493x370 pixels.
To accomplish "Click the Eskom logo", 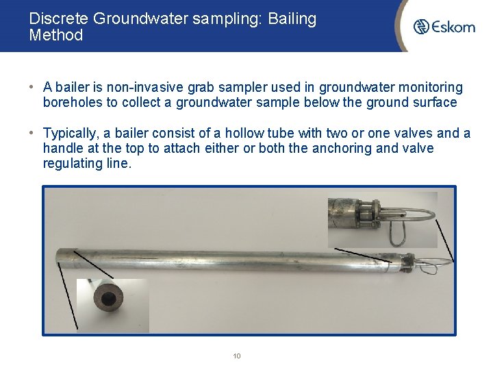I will [444, 27].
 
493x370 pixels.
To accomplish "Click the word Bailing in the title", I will [292, 19].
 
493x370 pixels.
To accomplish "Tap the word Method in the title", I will [55, 36].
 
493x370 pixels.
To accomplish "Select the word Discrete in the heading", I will [59, 19].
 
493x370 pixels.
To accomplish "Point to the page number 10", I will [237, 356].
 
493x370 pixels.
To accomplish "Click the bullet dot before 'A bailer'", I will [32, 88].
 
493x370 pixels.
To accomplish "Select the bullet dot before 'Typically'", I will [32, 134].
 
